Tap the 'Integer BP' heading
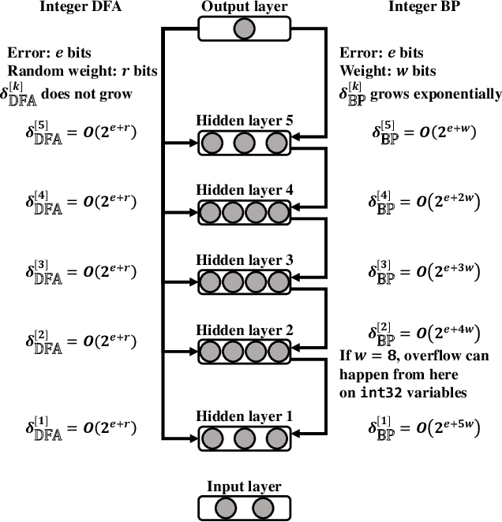click(x=419, y=7)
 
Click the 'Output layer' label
click(x=244, y=7)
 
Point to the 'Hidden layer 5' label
click(x=244, y=122)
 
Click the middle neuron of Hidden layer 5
click(x=244, y=144)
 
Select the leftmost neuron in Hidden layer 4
click(x=212, y=213)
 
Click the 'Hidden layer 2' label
click(x=244, y=330)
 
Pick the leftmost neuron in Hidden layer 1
click(x=212, y=437)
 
